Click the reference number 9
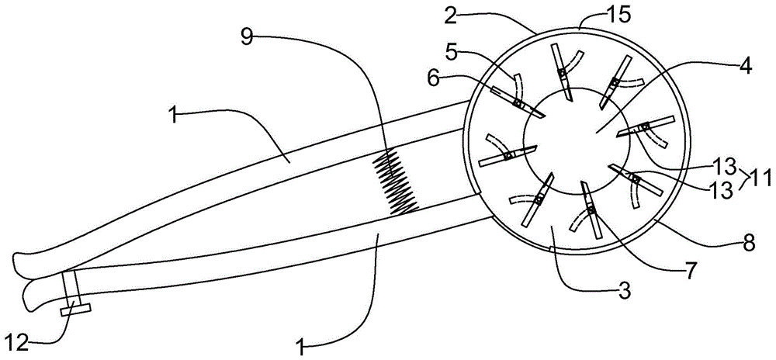click(x=247, y=38)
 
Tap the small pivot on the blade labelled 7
click(x=590, y=210)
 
